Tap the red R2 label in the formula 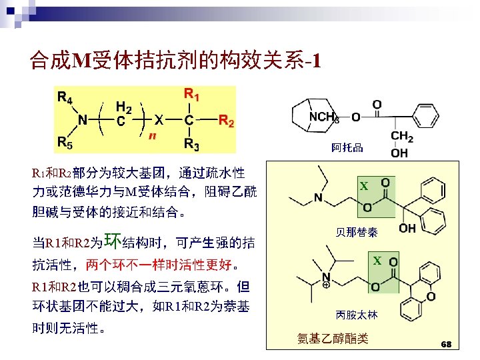[227, 121]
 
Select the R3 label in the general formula [192, 145]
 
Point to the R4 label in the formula [65, 97]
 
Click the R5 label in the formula [65, 141]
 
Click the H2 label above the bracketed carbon [123, 106]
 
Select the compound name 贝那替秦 [357, 233]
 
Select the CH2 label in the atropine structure [401, 137]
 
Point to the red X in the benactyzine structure [363, 187]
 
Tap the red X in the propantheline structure [377, 261]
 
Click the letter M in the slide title [79, 62]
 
